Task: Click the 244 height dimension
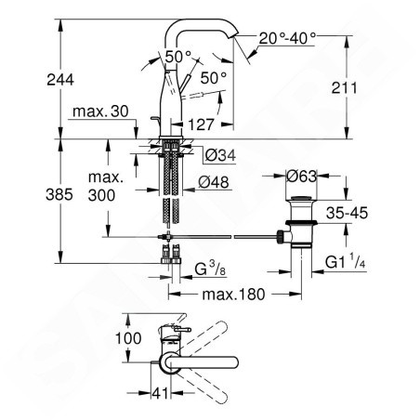60,80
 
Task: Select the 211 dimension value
344,88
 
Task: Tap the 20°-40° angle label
287,38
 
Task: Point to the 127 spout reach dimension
202,125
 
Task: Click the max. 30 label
100,112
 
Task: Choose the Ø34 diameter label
220,155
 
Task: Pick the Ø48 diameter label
214,182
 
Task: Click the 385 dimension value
59,195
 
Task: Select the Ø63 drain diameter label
302,177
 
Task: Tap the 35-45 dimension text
347,213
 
